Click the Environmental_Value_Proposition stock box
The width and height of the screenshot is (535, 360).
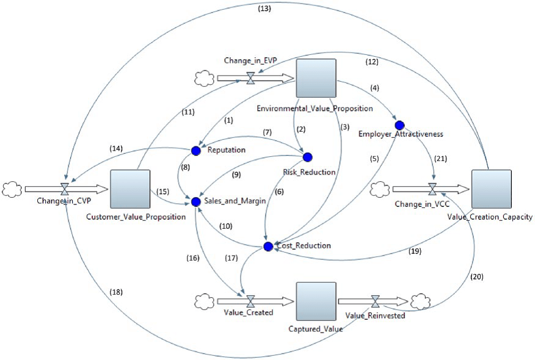tap(316, 78)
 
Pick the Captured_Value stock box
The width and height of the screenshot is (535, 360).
tap(316, 301)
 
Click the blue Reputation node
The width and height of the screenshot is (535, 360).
tap(195, 150)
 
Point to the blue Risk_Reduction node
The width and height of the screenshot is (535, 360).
tap(307, 157)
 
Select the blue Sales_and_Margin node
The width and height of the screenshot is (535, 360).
tap(195, 201)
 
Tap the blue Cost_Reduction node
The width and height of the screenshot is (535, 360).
tap(267, 247)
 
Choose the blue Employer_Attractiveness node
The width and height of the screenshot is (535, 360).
tap(400, 124)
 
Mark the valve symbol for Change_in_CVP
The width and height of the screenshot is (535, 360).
tap(65, 190)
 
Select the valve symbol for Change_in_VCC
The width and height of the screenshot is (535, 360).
tap(433, 189)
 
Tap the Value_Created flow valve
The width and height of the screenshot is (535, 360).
tap(250, 301)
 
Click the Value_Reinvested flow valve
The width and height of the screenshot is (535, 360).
tap(376, 301)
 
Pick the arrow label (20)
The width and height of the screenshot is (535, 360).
tap(478, 276)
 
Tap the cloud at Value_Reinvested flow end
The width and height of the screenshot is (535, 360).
tap(420, 301)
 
